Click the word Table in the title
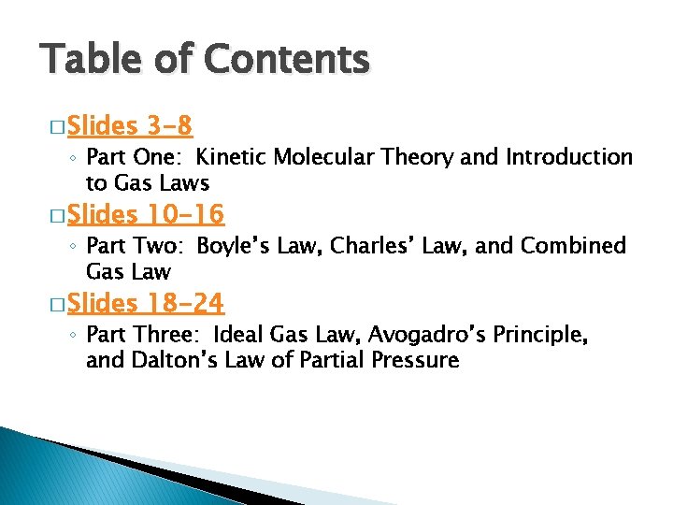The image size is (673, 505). click(89, 60)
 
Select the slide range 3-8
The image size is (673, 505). click(169, 125)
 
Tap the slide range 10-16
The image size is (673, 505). click(186, 215)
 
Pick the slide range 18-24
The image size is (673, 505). click(186, 304)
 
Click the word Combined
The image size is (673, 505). click(573, 246)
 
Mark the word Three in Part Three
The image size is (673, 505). click(167, 335)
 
